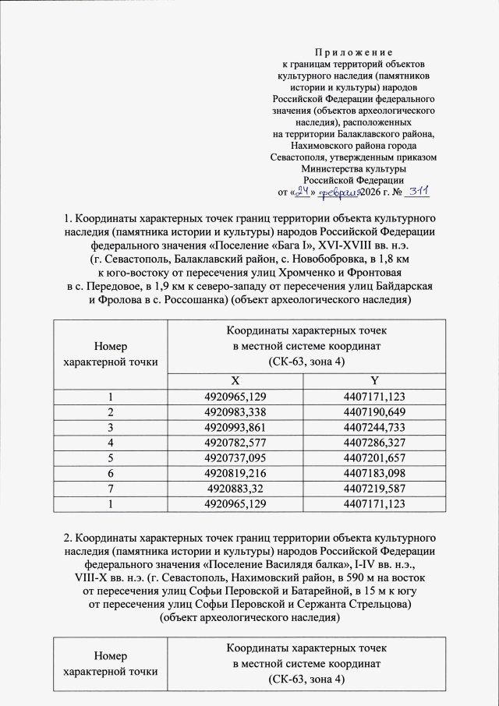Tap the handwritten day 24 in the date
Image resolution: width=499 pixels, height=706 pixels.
[305, 190]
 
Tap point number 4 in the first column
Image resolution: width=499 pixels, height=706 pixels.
[111, 442]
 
